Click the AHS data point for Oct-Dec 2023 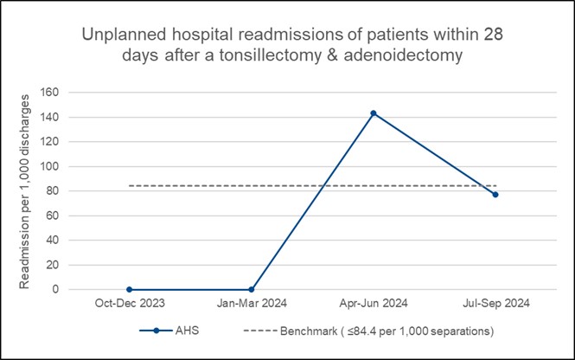pos(129,289)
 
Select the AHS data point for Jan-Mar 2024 pos(251,289)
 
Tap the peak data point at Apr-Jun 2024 pos(374,113)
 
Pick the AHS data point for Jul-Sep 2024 pos(495,195)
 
